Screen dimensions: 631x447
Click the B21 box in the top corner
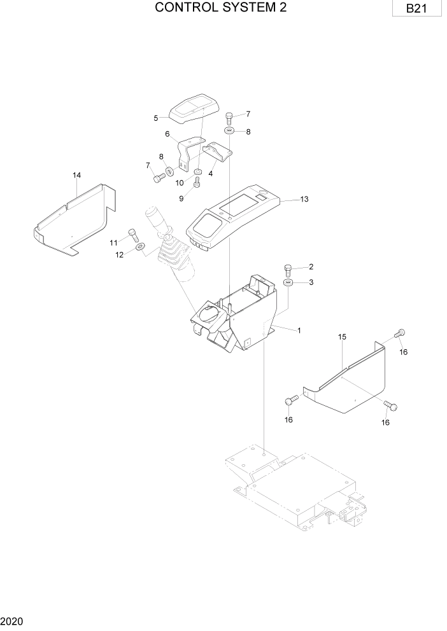click(416, 9)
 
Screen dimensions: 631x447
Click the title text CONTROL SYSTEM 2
click(221, 8)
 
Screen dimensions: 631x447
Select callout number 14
click(76, 175)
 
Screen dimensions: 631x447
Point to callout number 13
click(304, 199)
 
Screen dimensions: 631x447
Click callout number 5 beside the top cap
click(156, 118)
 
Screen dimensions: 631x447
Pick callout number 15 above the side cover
click(341, 336)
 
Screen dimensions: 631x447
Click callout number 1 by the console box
click(299, 331)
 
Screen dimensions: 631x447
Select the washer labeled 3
click(288, 282)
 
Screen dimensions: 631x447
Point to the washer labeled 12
click(140, 246)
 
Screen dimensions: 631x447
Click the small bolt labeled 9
click(197, 183)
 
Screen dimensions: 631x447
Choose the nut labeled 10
click(197, 172)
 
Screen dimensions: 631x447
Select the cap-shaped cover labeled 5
click(194, 109)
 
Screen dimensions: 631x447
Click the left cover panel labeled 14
click(73, 219)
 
